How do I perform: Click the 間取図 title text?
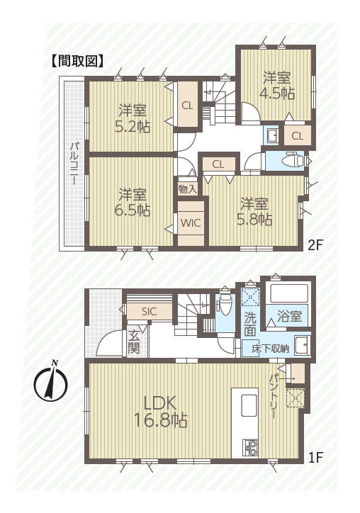click(77, 61)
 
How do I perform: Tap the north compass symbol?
click(51, 381)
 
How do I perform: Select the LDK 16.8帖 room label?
click(161, 412)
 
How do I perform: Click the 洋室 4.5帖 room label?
click(277, 86)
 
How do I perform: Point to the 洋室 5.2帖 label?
click(133, 118)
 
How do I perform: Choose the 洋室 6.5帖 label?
click(133, 203)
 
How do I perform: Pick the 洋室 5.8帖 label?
click(254, 212)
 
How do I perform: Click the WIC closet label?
click(191, 223)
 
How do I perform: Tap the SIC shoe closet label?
click(150, 312)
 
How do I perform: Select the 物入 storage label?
click(188, 189)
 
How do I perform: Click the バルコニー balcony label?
click(74, 163)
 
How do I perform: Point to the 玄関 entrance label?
click(134, 342)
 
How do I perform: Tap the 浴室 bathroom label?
click(289, 316)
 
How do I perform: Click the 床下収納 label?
click(270, 349)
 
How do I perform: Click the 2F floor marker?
click(315, 245)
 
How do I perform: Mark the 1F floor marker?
click(315, 458)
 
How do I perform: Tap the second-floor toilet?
click(294, 160)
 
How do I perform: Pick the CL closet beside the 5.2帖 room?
click(187, 106)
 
